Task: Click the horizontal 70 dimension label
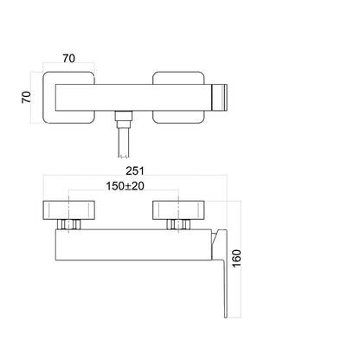pos(69,58)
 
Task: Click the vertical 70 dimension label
pos(27,97)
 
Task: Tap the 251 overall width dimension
pos(135,170)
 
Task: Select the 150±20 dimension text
pos(125,186)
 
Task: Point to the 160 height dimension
pos(236,258)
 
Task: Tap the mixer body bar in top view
pos(133,98)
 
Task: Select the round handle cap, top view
pos(220,98)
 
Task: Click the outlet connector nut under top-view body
pos(124,118)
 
